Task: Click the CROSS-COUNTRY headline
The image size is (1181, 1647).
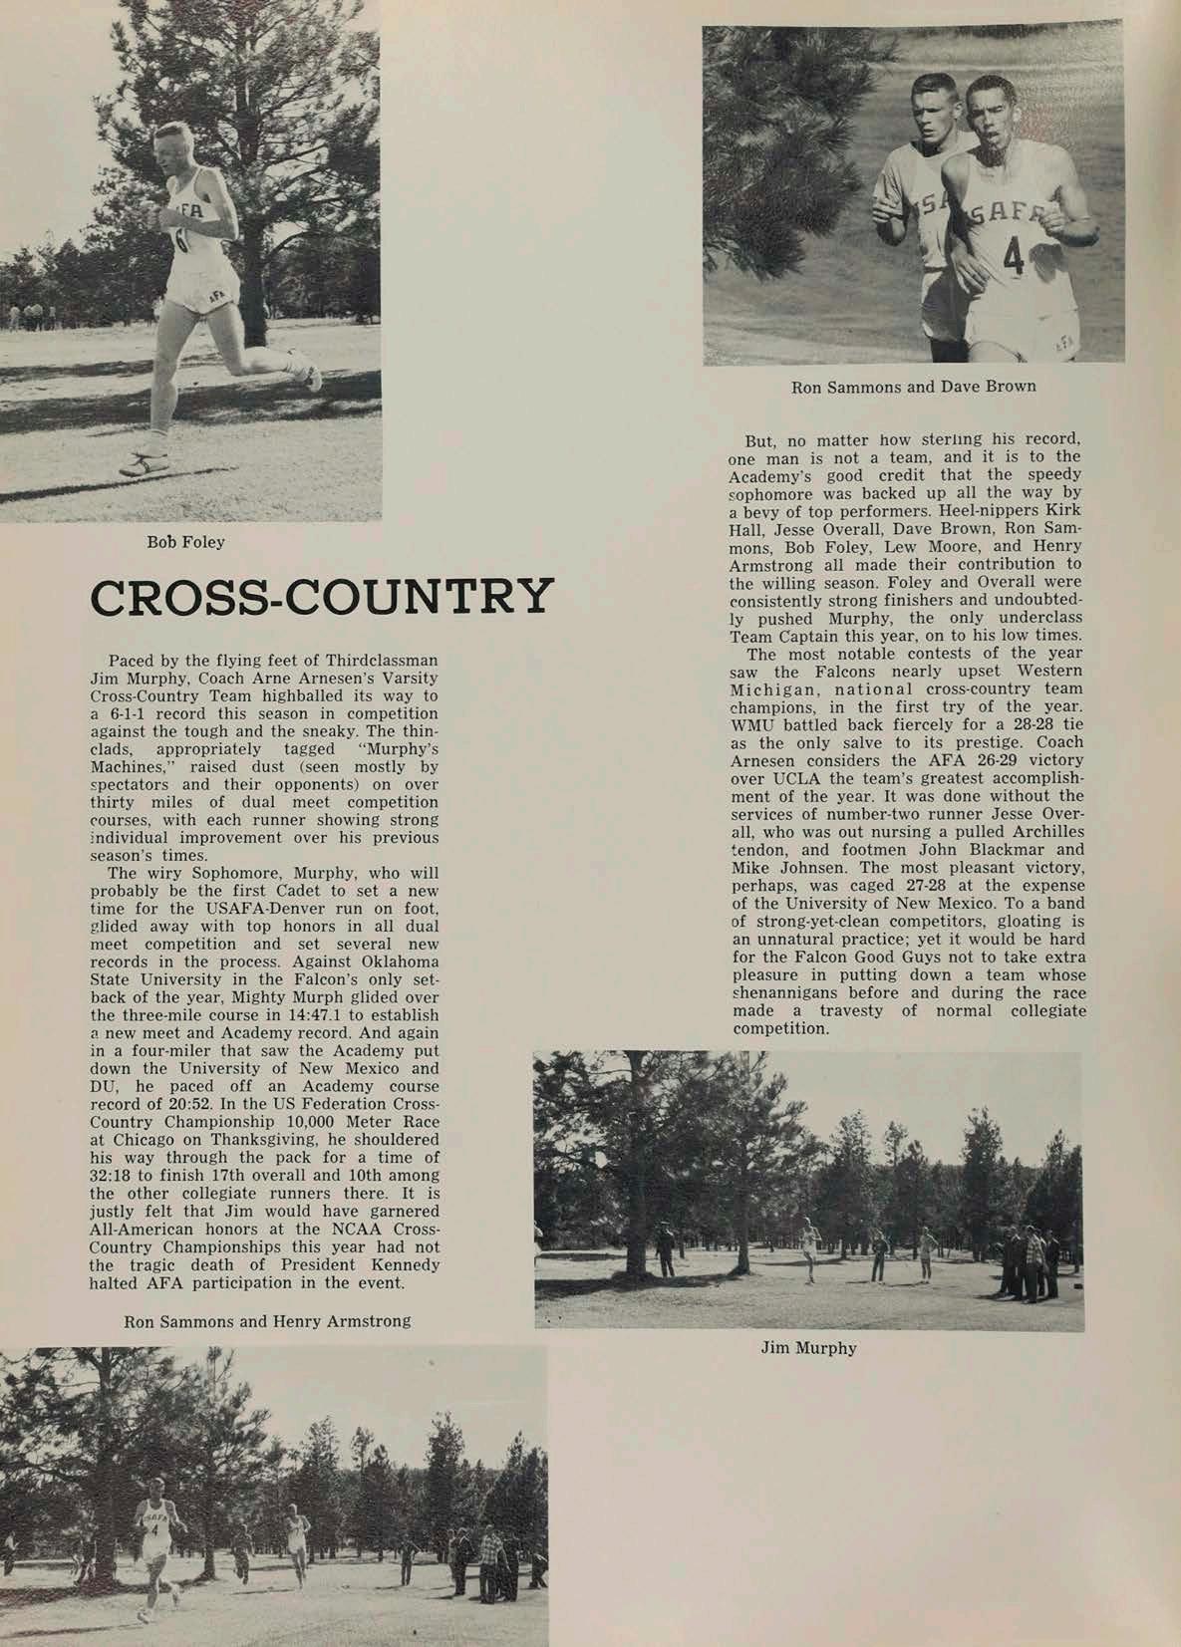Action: pos(321,597)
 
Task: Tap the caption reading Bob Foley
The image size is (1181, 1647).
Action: pos(185,543)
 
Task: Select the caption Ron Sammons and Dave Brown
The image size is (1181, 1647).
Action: pos(913,386)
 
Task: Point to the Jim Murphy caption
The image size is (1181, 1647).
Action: pos(808,1348)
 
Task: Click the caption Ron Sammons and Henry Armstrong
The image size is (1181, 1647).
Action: pos(266,1321)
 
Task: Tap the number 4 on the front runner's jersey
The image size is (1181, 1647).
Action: pos(1014,256)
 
